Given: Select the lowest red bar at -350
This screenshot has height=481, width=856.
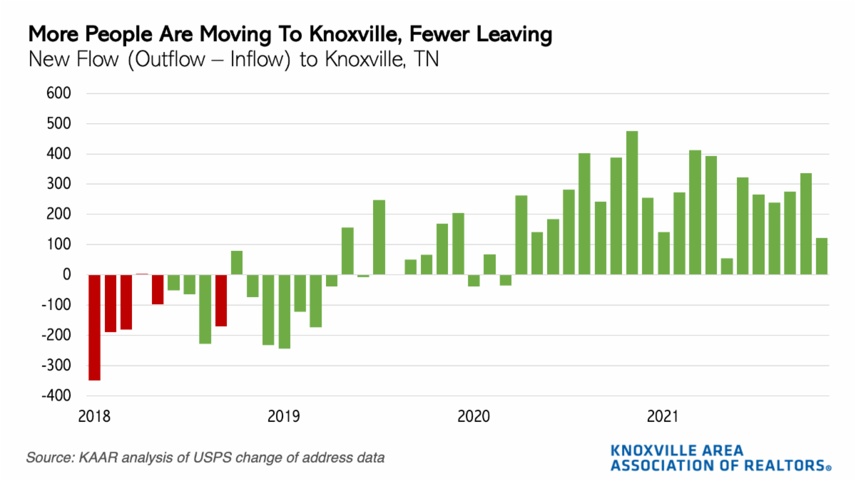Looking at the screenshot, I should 94,327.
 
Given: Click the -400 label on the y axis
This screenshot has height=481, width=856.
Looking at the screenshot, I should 57,395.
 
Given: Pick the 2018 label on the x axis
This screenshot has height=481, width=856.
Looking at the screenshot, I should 93,415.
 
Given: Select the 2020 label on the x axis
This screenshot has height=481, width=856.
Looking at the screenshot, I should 474,415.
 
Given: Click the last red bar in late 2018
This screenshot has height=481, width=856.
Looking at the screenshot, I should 221,300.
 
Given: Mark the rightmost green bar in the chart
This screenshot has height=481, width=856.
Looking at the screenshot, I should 822,256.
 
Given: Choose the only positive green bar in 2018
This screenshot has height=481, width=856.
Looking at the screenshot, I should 237,262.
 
